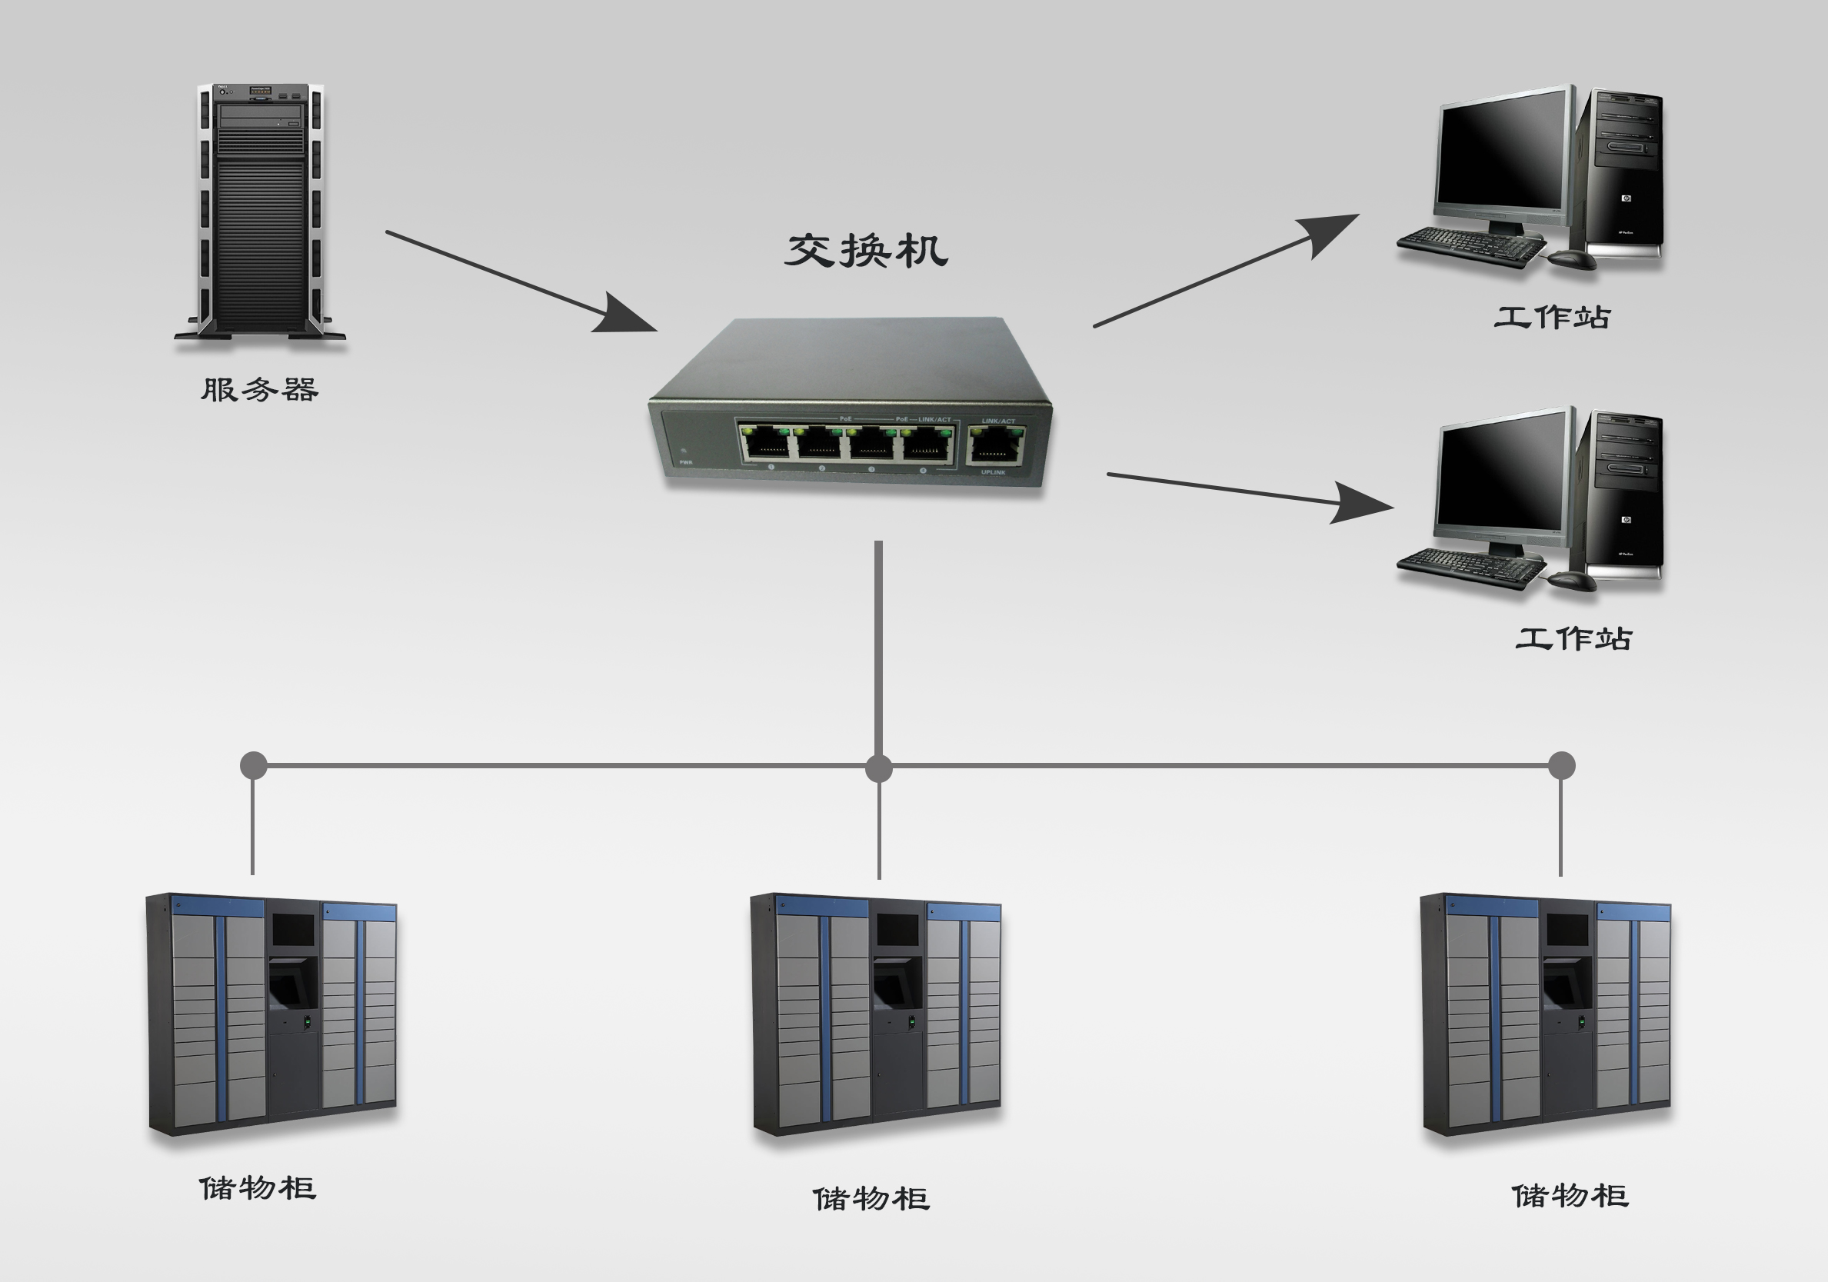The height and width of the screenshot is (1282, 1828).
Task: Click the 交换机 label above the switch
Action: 866,251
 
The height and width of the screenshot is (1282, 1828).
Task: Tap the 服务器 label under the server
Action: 260,390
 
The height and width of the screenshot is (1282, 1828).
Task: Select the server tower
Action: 261,210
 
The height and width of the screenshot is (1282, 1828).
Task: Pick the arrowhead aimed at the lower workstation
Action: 1360,503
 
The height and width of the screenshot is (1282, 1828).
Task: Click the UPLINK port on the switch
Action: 994,445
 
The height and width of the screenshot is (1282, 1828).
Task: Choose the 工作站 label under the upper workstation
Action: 1552,318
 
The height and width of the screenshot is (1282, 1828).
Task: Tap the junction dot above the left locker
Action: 253,765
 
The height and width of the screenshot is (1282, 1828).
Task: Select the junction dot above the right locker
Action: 1561,765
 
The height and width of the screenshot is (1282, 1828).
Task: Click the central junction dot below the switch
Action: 878,768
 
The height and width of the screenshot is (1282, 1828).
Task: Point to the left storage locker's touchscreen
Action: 294,929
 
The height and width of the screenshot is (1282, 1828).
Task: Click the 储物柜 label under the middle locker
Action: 871,1199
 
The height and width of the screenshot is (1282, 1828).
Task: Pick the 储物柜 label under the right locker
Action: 1570,1196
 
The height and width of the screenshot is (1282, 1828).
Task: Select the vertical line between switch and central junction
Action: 878,645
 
